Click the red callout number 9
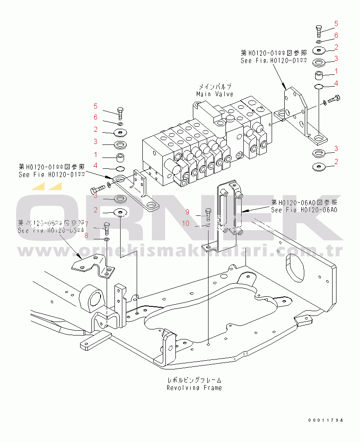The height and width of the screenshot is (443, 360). point(187,212)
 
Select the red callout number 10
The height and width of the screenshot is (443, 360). point(186,224)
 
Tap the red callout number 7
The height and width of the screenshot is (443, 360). point(87,225)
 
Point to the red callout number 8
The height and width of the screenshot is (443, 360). point(86,235)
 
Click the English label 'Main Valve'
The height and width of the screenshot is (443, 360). point(215,94)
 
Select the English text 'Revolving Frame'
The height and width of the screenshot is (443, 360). point(194,388)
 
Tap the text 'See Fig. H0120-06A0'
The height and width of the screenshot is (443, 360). point(304,210)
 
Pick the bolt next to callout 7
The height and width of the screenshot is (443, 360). point(107,227)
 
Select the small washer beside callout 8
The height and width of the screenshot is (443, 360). point(107,239)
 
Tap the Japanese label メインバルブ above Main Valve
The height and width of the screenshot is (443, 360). point(215,87)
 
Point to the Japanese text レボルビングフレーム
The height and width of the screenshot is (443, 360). point(194,380)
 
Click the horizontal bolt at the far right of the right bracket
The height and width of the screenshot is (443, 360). point(333,100)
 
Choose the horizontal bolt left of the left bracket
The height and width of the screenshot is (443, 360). point(97,189)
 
